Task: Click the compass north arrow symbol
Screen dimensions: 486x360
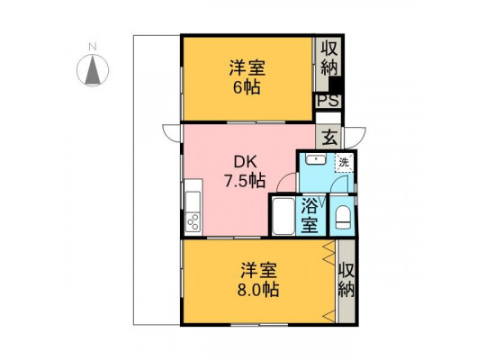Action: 93,70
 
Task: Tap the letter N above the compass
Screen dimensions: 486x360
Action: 93,47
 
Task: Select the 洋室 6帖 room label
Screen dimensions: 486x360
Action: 247,77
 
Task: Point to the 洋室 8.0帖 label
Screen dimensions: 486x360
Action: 258,280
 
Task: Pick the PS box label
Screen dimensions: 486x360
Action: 328,101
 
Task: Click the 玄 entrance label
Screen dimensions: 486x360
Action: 329,138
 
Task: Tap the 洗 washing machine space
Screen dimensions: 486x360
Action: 344,162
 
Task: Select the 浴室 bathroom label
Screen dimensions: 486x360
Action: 310,216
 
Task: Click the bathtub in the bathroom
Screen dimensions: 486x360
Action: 283,216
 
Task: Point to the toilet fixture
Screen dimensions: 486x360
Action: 343,218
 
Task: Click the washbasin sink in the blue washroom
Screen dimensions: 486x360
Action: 316,159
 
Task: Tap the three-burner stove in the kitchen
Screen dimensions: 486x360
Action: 193,221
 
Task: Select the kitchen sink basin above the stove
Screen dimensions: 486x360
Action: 193,202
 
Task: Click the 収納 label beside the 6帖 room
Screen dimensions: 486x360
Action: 329,58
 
